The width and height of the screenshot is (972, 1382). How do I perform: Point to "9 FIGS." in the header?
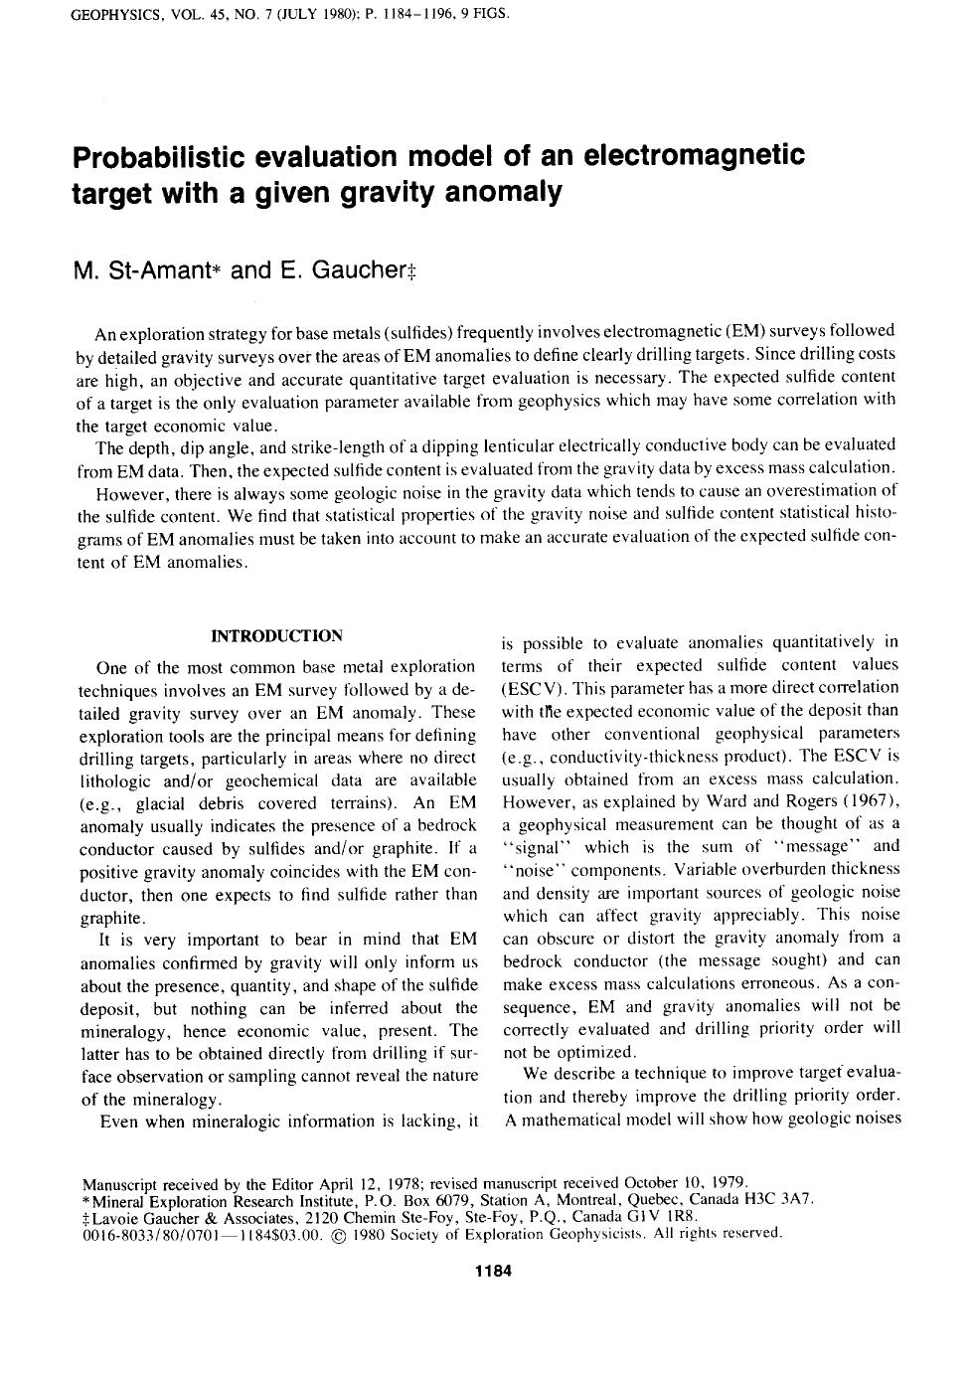click(x=480, y=14)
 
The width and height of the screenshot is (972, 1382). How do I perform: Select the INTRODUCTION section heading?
click(x=277, y=635)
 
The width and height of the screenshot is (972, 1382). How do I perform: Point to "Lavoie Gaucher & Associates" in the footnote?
click(x=182, y=1217)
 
